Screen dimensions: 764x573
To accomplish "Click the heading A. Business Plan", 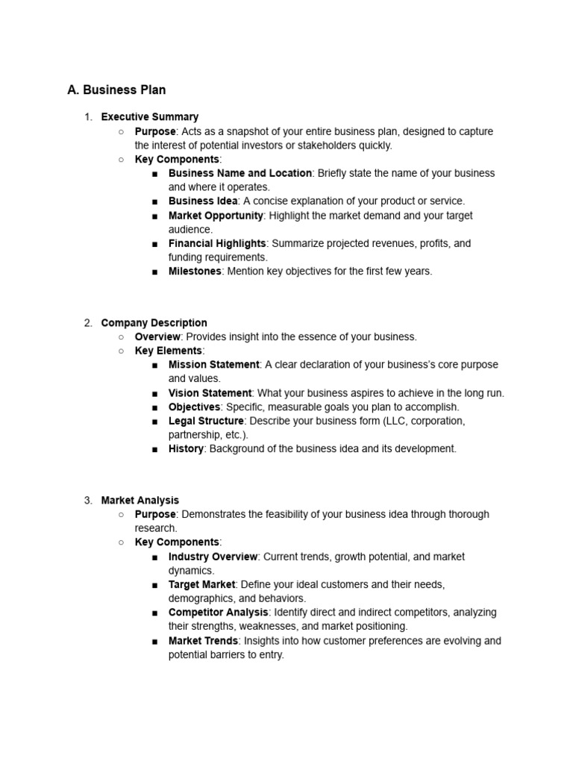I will coord(116,90).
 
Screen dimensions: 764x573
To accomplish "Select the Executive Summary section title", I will coord(149,117).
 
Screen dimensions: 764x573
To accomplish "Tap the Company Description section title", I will coord(154,323).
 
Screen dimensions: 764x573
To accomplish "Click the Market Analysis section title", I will coord(140,501).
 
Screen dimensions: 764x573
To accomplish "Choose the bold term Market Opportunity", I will coord(216,216).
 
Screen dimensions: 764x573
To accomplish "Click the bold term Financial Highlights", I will coord(216,244).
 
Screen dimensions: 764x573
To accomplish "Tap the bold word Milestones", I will coord(195,272).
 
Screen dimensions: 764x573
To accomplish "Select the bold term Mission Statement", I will coord(213,365).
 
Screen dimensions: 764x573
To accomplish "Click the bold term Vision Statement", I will coord(210,393).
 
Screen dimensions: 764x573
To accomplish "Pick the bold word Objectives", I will coord(194,407).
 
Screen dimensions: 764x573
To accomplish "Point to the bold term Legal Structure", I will coord(206,422).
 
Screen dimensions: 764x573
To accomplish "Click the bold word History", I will coord(186,449).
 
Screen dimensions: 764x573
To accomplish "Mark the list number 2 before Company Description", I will coord(88,323).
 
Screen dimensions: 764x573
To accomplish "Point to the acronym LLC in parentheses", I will coord(395,422).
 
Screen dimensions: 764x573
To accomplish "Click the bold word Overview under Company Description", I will coord(157,337).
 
